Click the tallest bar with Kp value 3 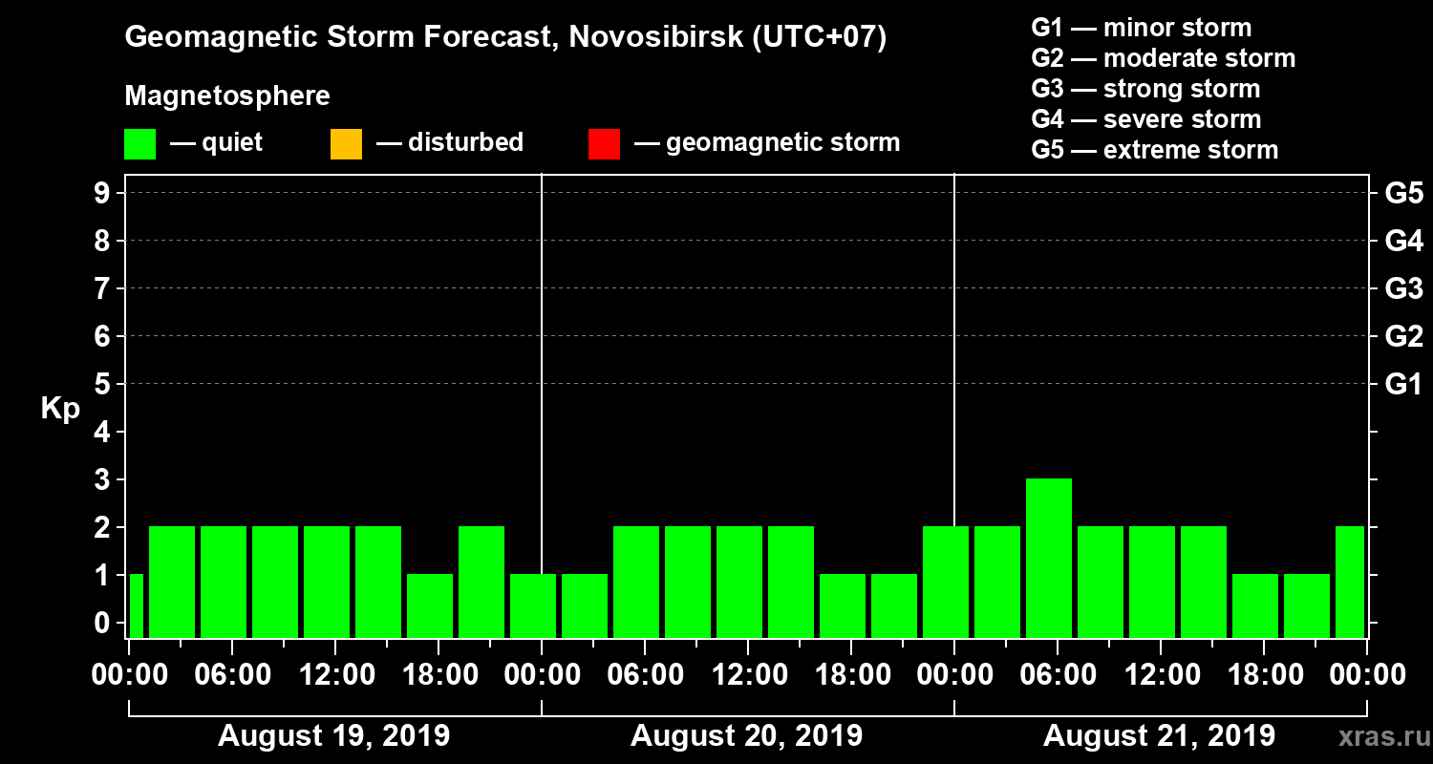click(1048, 557)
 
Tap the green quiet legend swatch click(139, 144)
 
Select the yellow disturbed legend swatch click(346, 144)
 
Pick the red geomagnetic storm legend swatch click(604, 144)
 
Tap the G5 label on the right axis click(1403, 193)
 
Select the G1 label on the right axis click(1403, 384)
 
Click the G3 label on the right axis click(1403, 288)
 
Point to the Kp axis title click(60, 409)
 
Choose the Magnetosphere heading click(227, 96)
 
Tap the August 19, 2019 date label click(333, 735)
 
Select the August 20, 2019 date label click(746, 735)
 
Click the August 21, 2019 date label click(1159, 735)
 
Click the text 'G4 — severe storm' click(1146, 119)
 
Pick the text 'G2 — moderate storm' click(1164, 58)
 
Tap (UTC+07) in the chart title click(819, 38)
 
